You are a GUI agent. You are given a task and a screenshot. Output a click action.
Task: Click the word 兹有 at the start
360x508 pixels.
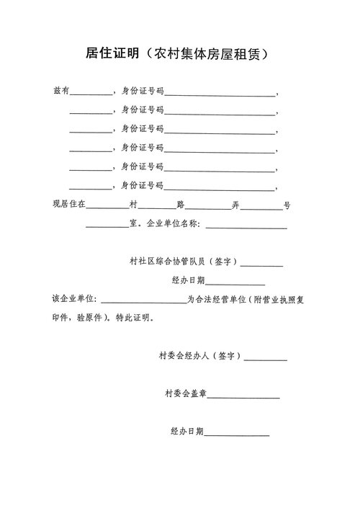61,92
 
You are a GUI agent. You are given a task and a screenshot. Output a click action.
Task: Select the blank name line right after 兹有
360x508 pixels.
91,94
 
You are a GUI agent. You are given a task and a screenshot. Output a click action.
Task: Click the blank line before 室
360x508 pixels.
107,227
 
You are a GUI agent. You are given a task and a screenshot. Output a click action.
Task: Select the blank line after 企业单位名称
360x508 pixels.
246,227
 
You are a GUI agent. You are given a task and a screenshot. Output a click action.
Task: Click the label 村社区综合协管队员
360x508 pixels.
168,262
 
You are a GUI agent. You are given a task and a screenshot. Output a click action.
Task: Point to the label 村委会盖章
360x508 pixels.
186,394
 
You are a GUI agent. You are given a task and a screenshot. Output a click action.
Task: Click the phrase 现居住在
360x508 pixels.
69,205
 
